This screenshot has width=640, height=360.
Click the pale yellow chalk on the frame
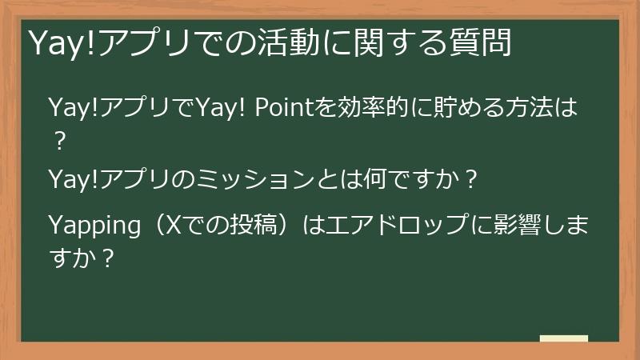(564, 338)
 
